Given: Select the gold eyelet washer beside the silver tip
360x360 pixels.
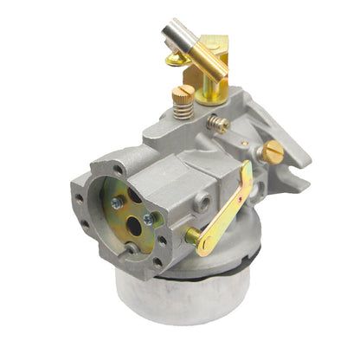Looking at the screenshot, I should point(176,59).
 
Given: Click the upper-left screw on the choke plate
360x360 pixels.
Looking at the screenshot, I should point(116,203).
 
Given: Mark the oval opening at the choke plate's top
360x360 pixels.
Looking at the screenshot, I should point(136,196).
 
